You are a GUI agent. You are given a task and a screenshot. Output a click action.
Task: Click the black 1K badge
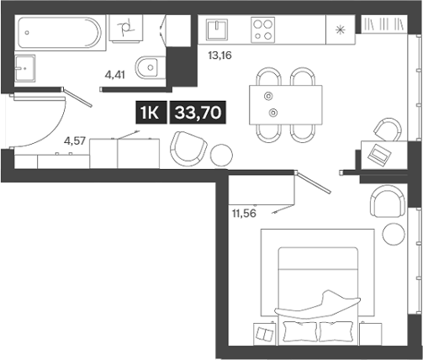149,113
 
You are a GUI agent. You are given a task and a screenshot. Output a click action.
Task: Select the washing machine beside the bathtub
125,32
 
